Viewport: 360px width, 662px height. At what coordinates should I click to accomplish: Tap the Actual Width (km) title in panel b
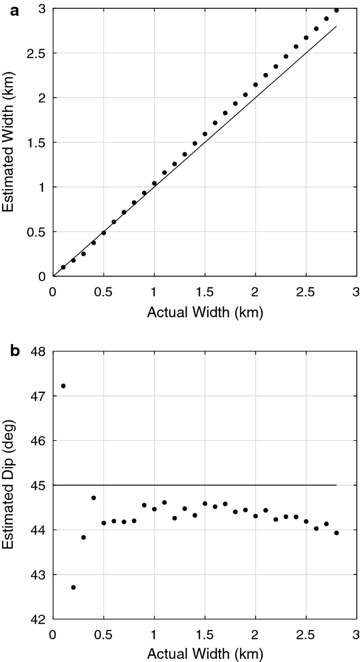coord(205,655)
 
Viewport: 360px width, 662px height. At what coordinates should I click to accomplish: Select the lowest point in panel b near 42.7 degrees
coord(73,587)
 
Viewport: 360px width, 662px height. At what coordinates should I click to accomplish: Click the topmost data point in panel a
coord(336,11)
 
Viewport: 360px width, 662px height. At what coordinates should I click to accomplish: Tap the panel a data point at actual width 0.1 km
coord(63,267)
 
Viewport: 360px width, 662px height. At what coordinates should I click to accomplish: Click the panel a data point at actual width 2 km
coord(255,85)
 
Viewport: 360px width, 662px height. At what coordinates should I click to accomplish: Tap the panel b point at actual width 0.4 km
coord(94,498)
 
